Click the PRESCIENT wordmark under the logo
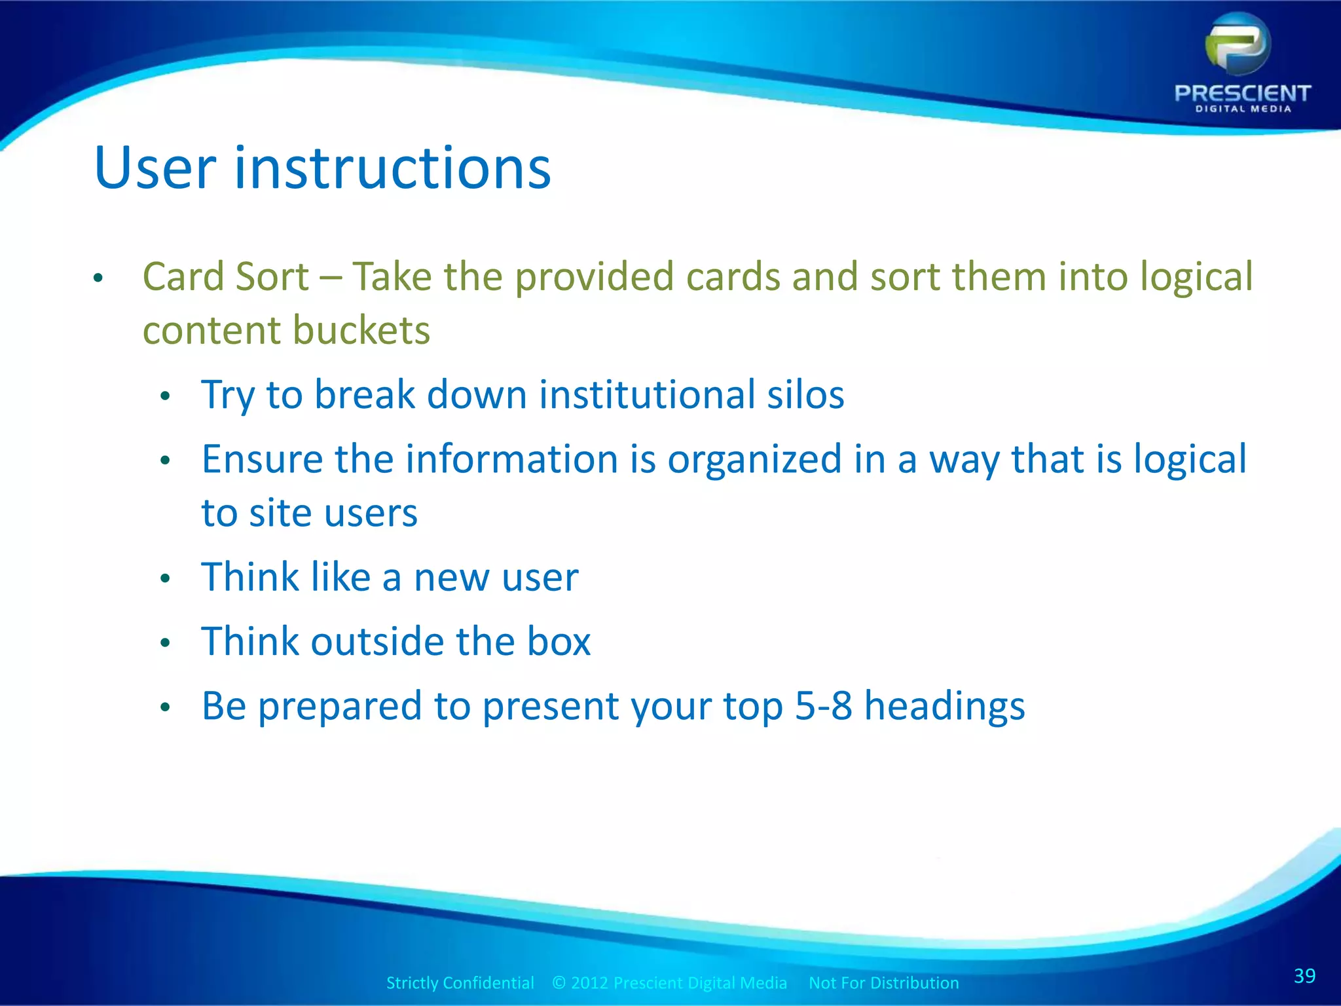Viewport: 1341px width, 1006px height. (x=1242, y=94)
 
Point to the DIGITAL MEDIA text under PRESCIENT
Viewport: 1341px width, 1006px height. (x=1243, y=109)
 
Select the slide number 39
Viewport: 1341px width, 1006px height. (x=1304, y=976)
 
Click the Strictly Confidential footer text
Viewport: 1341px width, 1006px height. (x=460, y=983)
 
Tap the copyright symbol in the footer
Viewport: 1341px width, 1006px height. (x=559, y=983)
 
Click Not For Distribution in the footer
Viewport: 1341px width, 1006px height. (x=883, y=983)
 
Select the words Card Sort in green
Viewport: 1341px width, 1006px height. (x=225, y=276)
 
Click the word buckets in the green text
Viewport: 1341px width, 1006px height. (x=361, y=330)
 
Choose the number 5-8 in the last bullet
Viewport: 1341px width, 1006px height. (x=823, y=706)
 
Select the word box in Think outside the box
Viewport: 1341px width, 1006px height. (x=559, y=641)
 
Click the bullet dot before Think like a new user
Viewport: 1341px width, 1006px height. (x=165, y=578)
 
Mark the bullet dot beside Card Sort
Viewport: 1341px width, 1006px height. (x=98, y=278)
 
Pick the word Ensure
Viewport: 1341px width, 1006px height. (x=262, y=459)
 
